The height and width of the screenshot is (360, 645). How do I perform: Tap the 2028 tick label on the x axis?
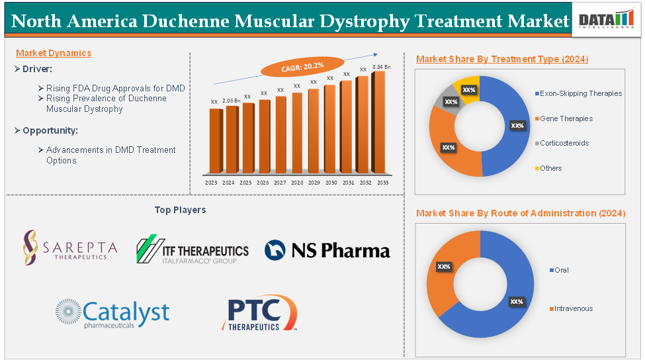(297, 182)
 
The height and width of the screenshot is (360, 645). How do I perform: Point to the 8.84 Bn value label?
(382, 67)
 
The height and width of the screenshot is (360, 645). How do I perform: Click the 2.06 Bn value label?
(232, 101)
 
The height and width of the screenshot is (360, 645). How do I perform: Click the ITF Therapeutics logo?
(192, 250)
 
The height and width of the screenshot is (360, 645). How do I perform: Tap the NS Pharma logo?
(327, 250)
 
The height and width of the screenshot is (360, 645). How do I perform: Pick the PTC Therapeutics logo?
(260, 314)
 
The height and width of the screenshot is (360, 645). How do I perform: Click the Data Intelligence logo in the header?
(605, 21)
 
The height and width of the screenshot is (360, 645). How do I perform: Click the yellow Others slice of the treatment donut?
(468, 89)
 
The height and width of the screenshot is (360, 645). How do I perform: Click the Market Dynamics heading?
(54, 53)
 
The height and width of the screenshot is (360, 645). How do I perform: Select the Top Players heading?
(180, 210)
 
